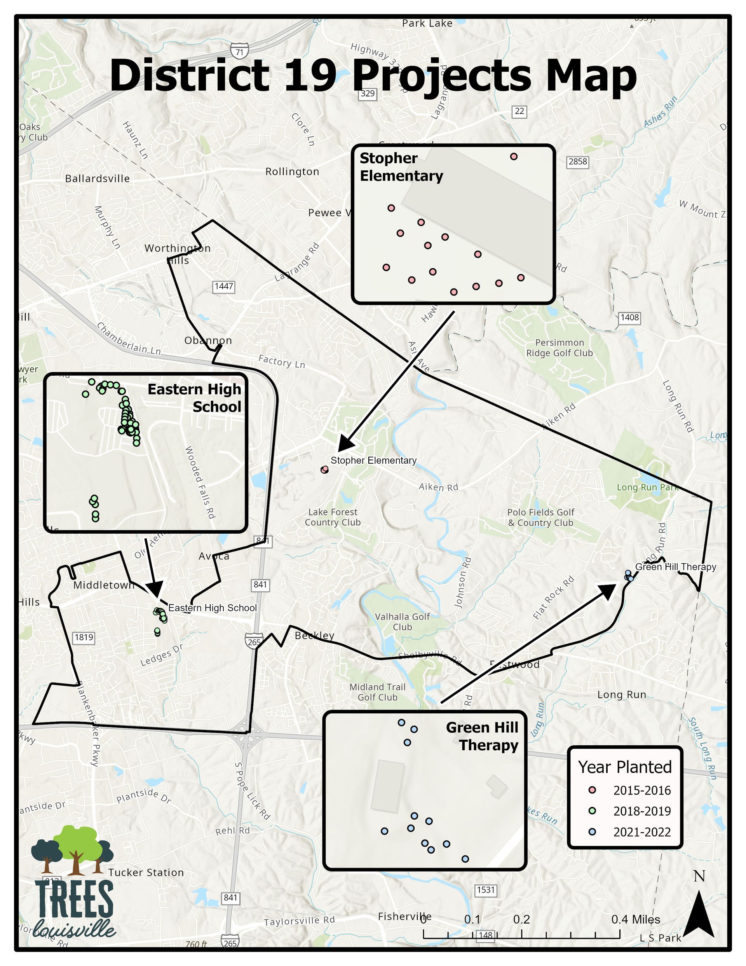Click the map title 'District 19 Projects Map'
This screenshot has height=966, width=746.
[373, 75]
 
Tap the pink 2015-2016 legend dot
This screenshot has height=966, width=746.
[593, 790]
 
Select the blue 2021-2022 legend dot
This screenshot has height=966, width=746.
[593, 832]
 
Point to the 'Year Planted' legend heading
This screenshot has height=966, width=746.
[625, 767]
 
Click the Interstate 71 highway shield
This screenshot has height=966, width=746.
[239, 51]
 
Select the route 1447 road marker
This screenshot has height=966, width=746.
[224, 286]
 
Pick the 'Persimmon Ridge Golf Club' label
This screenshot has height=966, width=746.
[559, 348]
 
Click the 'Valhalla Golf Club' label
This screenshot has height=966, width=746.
[403, 622]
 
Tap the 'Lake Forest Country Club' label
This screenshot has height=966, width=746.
[333, 517]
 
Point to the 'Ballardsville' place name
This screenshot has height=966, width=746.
[97, 179]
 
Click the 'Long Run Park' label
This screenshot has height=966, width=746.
[647, 487]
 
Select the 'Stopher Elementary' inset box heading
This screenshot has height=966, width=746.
[401, 167]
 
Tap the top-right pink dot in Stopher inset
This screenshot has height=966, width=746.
[513, 157]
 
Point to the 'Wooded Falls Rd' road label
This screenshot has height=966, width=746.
[199, 482]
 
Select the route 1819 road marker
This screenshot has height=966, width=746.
[84, 638]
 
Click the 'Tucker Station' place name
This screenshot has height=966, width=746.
[146, 873]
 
